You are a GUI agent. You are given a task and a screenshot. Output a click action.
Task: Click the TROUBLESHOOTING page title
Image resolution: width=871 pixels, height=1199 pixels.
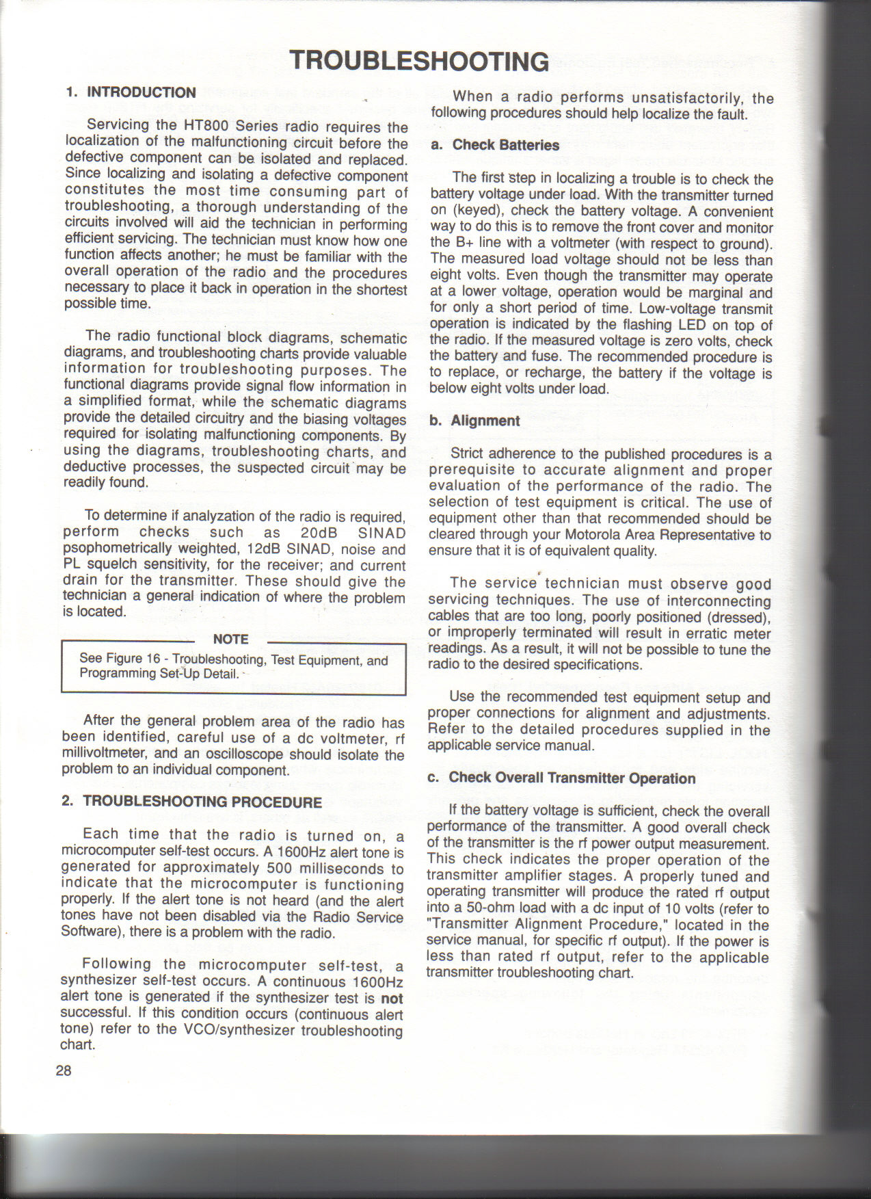click(x=419, y=61)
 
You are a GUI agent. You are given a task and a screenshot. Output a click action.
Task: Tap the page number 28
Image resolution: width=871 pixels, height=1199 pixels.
click(x=64, y=1070)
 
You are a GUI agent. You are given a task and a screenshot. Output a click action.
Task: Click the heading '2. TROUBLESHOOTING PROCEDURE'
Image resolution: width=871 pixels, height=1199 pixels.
click(x=192, y=802)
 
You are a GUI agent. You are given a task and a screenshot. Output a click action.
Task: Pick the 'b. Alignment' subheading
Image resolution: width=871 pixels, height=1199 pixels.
click(x=475, y=421)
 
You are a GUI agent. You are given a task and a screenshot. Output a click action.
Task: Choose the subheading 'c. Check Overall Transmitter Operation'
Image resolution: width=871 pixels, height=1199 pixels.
click(x=562, y=778)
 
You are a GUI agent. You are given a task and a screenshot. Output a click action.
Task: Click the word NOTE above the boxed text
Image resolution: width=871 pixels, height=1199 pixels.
click(x=230, y=640)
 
